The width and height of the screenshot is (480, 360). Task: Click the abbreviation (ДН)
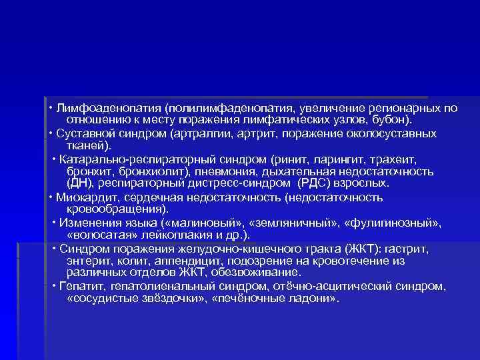point(81,183)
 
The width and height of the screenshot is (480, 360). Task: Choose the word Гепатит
point(81,287)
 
